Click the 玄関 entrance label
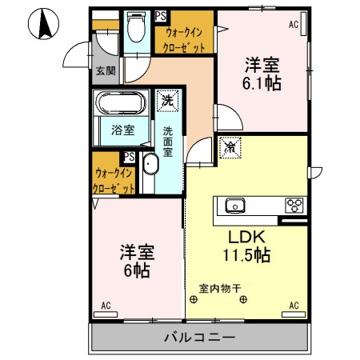point(106,70)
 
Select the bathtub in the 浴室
point(118,104)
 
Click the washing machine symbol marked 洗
point(166,102)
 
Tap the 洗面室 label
point(168,141)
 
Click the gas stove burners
point(294,205)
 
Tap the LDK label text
point(247,238)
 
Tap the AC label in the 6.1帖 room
point(294,25)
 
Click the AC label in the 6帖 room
point(106,305)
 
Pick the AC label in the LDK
point(294,305)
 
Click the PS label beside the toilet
point(161,16)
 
